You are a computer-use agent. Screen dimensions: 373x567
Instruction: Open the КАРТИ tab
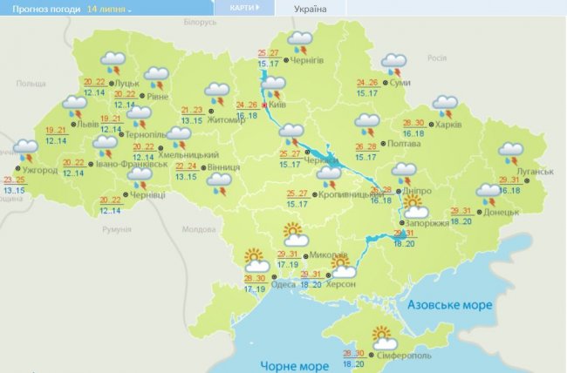243,8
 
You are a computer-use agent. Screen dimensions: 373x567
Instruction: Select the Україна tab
311,9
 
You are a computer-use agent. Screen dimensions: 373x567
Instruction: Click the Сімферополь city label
404,355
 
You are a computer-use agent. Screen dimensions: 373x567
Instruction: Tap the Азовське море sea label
450,306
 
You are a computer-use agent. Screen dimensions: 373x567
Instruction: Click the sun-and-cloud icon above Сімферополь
383,334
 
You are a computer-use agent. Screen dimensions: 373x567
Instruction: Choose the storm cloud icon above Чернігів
300,41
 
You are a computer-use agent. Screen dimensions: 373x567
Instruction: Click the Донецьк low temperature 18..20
463,222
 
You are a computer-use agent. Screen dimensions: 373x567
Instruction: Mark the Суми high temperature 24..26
367,83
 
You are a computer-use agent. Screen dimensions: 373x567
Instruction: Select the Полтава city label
410,146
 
